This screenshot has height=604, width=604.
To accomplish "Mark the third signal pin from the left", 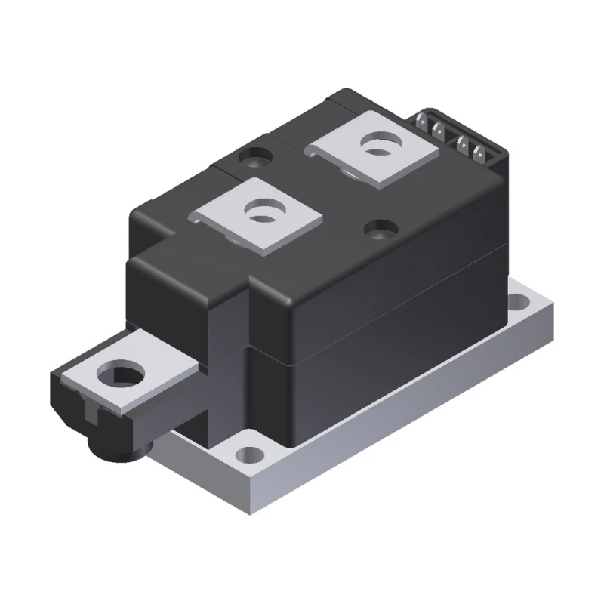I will [x=464, y=144].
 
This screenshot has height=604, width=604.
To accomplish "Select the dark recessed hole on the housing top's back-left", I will [x=252, y=158].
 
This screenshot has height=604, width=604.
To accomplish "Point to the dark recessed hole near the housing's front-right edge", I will [x=378, y=228].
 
